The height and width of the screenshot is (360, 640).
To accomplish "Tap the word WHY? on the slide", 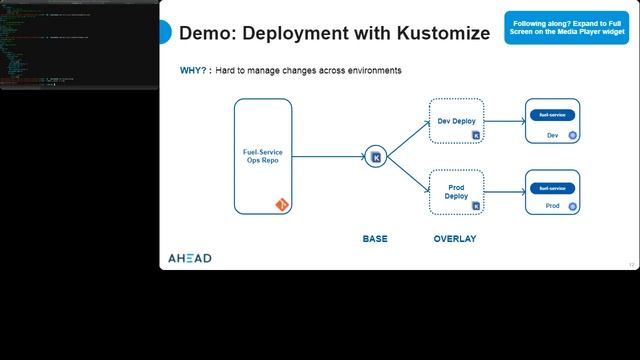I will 193,71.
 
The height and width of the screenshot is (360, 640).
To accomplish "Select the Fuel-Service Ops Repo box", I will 262,156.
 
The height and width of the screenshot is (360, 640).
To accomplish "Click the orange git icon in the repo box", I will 282,204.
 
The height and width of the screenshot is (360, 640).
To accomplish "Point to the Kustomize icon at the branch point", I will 376,156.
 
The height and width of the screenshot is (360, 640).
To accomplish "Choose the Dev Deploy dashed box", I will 456,121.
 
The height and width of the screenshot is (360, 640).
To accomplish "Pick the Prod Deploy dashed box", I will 456,191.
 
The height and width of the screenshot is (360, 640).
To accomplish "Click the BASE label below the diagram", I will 375,239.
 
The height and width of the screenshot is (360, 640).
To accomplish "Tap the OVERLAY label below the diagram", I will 455,239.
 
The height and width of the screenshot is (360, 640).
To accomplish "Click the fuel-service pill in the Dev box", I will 552,115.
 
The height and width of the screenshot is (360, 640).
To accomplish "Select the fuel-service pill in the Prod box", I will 552,187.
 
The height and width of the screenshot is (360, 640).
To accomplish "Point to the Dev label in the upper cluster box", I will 552,135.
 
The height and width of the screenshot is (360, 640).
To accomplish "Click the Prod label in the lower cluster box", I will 552,206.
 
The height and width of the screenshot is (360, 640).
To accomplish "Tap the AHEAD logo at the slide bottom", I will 189,258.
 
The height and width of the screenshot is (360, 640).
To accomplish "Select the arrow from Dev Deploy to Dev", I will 505,122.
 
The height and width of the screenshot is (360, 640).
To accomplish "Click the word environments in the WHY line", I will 371,71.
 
